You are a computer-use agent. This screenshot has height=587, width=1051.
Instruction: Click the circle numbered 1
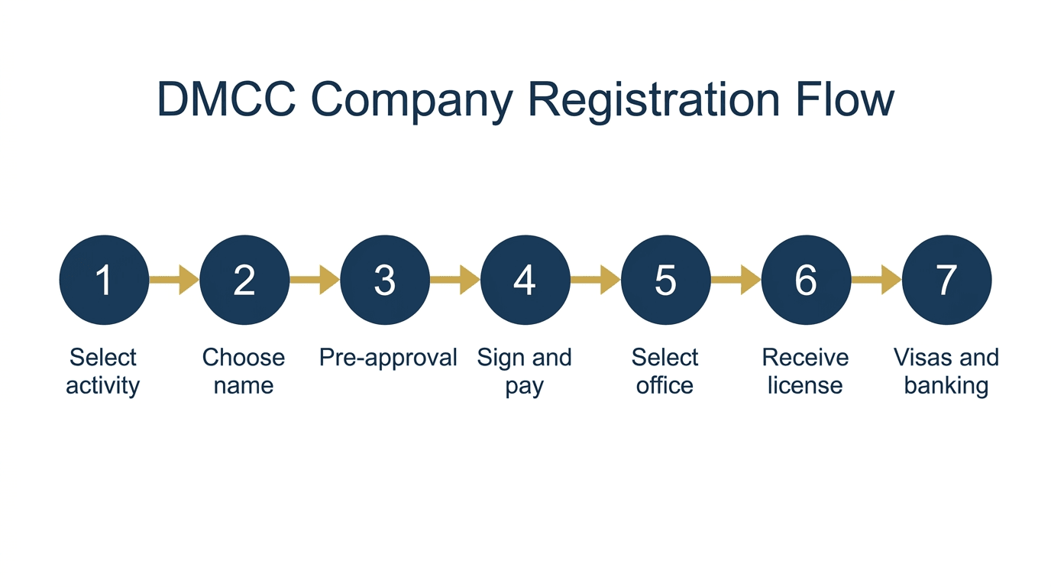pyautogui.click(x=104, y=280)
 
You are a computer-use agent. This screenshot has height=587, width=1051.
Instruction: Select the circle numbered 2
pyautogui.click(x=244, y=280)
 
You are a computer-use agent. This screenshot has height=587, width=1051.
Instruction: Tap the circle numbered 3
pyautogui.click(x=385, y=280)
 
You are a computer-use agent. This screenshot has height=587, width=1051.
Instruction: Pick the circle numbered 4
pyautogui.click(x=525, y=280)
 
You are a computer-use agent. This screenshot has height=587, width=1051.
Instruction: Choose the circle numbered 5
pyautogui.click(x=666, y=280)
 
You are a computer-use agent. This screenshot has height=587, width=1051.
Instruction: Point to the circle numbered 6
pyautogui.click(x=806, y=280)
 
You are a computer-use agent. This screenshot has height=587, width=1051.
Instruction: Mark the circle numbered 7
pyautogui.click(x=947, y=280)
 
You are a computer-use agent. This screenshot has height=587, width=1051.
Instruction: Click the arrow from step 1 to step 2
pyautogui.click(x=174, y=280)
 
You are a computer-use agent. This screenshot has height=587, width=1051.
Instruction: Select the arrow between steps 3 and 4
pyautogui.click(x=455, y=280)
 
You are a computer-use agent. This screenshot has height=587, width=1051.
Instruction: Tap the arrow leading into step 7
pyautogui.click(x=876, y=280)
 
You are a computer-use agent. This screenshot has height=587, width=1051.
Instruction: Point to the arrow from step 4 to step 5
pyautogui.click(x=596, y=280)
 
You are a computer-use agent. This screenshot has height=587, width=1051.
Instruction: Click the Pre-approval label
pyautogui.click(x=388, y=358)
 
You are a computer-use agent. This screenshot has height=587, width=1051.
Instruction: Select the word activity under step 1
pyautogui.click(x=103, y=386)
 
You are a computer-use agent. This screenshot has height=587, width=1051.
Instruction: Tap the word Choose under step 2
pyautogui.click(x=244, y=358)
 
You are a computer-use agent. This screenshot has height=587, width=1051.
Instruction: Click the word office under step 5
pyautogui.click(x=665, y=385)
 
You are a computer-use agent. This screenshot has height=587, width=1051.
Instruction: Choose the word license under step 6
pyautogui.click(x=805, y=385)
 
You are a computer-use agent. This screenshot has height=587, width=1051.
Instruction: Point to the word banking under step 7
pyautogui.click(x=946, y=386)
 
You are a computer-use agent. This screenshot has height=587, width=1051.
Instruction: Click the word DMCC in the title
pyautogui.click(x=227, y=99)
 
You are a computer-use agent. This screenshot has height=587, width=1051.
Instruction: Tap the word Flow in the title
pyautogui.click(x=845, y=99)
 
